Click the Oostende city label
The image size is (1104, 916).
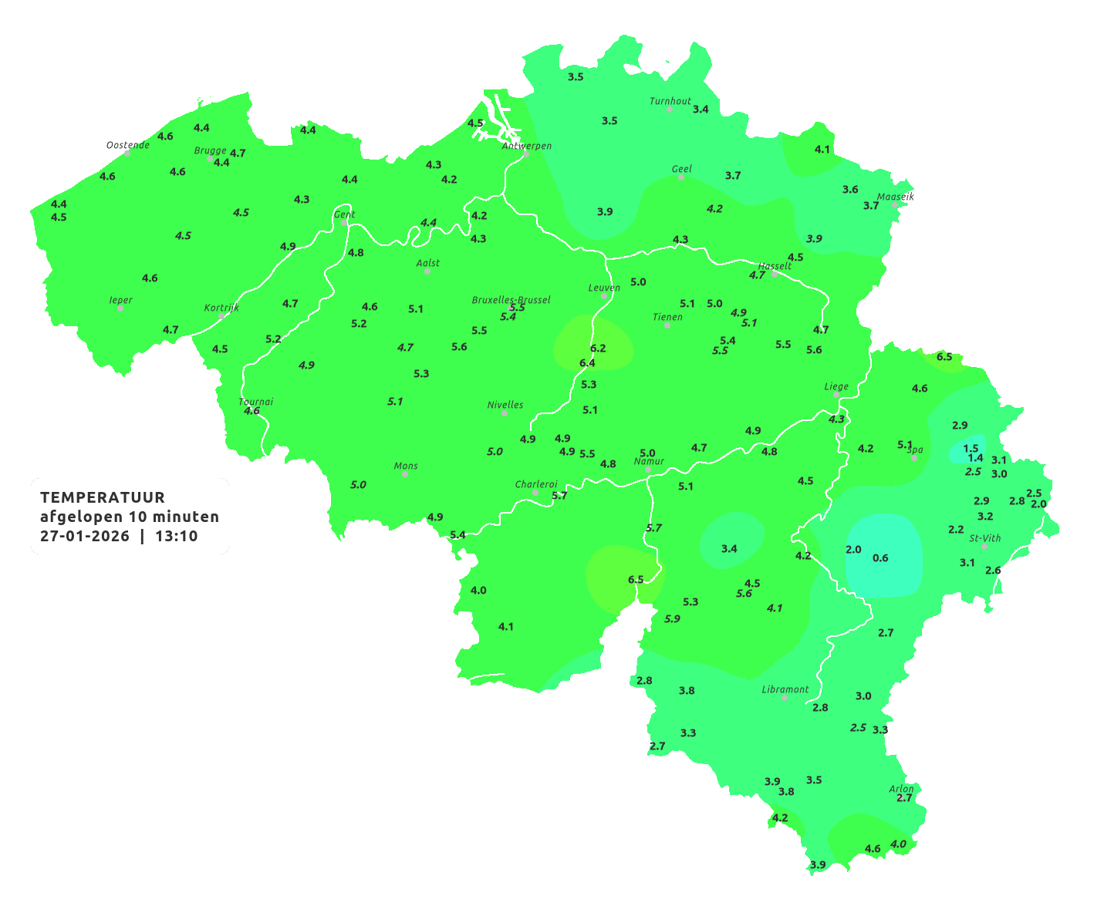pos(128,145)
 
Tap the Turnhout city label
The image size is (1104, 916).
pos(670,101)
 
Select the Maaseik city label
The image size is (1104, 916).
pos(895,197)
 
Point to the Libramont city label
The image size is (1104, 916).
pos(785,689)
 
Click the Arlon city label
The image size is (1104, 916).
pos(901,789)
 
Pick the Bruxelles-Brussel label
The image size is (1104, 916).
pos(511,299)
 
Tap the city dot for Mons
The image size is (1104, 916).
pos(405,474)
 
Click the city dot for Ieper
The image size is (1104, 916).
pos(120,308)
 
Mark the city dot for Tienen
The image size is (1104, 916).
pos(667,325)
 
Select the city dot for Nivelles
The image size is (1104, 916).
pos(505,413)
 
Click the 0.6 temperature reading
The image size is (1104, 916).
pos(880,558)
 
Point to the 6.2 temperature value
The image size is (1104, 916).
pos(598,349)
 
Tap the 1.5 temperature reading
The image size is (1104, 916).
pos(971,448)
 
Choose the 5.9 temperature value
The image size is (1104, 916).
pos(672,618)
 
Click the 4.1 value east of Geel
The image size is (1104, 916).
pos(822,150)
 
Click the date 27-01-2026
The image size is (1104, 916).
pos(85,537)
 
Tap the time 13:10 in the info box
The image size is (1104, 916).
pos(177,537)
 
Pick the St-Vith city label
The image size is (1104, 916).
pos(984,538)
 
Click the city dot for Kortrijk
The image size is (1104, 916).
pos(221,316)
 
